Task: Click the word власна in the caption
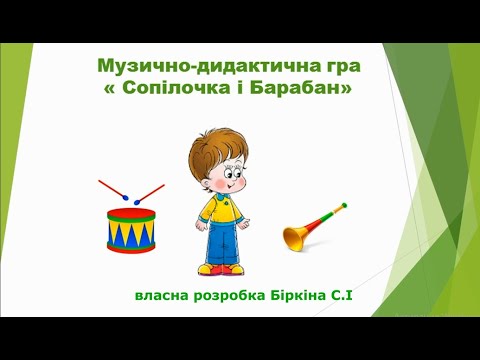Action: (164, 297)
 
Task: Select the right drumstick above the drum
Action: (149, 191)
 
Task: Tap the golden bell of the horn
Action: (296, 236)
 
